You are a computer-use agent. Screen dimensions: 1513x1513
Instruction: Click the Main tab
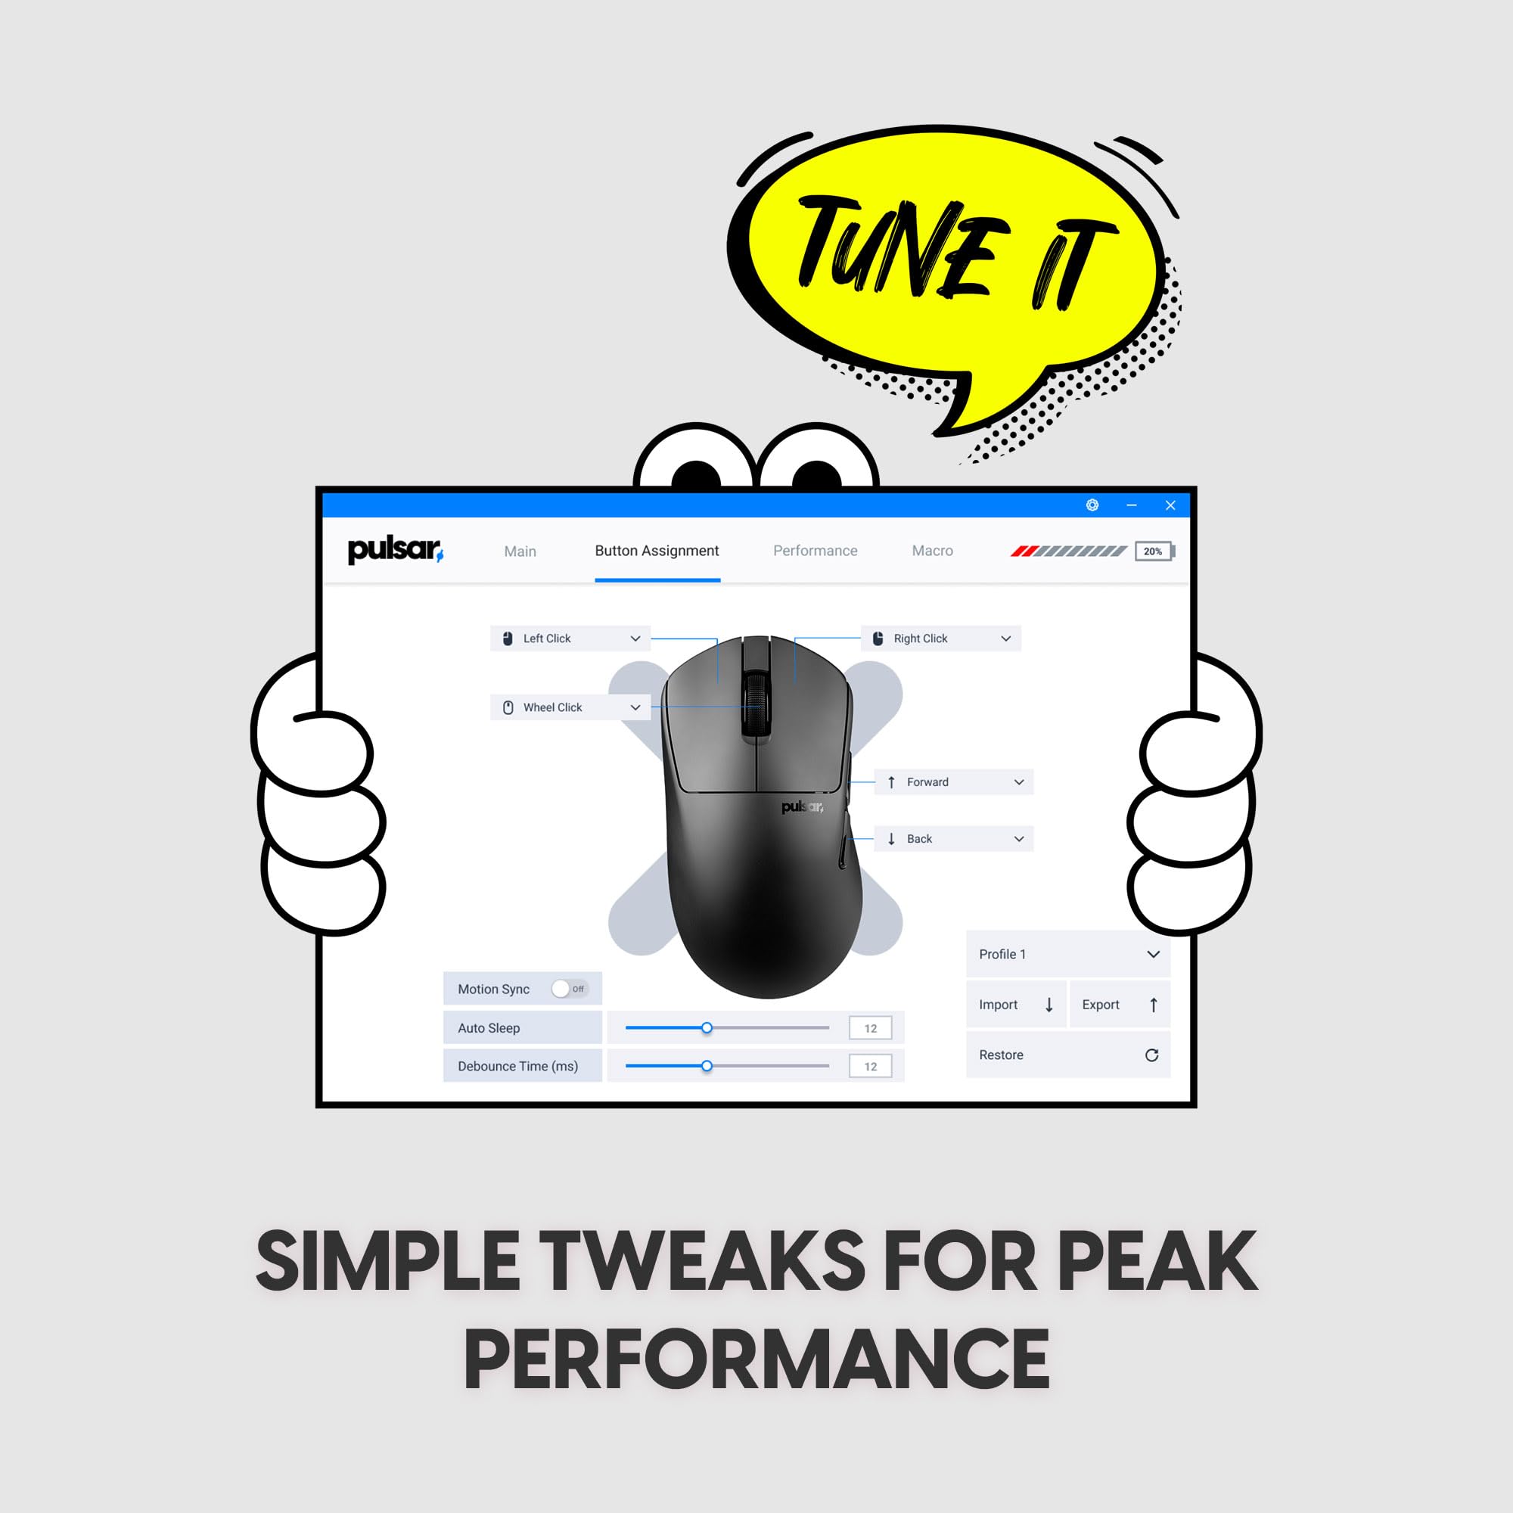point(520,551)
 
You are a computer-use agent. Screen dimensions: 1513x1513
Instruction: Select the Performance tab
point(816,551)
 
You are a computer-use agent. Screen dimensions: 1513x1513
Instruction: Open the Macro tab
point(932,551)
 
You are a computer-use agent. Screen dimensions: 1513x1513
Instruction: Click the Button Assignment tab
point(657,551)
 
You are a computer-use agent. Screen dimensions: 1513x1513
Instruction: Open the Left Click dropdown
point(570,638)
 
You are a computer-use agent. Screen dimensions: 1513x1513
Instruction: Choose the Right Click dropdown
point(940,638)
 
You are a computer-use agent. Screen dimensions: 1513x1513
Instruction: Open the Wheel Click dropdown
point(570,707)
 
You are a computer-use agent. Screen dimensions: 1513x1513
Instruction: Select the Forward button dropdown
point(953,781)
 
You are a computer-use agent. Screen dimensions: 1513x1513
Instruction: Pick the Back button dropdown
point(953,839)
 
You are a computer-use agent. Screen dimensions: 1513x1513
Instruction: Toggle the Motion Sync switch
point(570,988)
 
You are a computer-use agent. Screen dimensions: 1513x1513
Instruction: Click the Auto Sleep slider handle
point(707,1027)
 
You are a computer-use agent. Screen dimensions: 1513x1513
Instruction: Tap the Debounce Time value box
point(870,1066)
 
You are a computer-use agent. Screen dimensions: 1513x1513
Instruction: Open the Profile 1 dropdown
point(1068,954)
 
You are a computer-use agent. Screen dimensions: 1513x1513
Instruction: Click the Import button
point(1017,1004)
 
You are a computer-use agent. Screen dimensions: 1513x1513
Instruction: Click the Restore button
point(1068,1055)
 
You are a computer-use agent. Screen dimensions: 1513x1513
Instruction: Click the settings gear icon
point(1092,505)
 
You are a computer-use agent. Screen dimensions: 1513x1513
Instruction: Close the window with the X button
point(1170,505)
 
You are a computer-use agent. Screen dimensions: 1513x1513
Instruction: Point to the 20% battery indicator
point(1155,551)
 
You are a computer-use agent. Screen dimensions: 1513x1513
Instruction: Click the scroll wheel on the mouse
point(756,704)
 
